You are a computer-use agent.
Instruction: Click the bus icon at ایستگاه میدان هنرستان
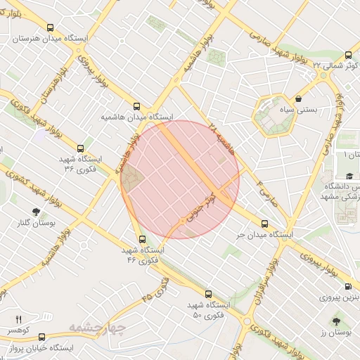(x=49, y=28)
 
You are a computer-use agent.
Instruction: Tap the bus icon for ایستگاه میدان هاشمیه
(x=136, y=101)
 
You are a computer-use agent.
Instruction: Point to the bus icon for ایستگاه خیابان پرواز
(x=41, y=337)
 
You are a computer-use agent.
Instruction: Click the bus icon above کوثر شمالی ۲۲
(x=349, y=56)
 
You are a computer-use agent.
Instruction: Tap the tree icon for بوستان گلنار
(x=35, y=212)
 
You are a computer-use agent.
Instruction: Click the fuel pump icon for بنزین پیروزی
(x=349, y=286)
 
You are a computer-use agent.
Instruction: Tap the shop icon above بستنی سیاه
(x=300, y=98)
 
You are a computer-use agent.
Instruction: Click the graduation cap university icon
(x=349, y=176)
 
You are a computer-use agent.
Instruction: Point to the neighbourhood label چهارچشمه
(x=98, y=328)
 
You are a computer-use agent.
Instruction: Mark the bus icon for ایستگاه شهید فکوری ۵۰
(x=208, y=294)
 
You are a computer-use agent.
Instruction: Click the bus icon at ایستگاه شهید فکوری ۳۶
(x=81, y=148)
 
